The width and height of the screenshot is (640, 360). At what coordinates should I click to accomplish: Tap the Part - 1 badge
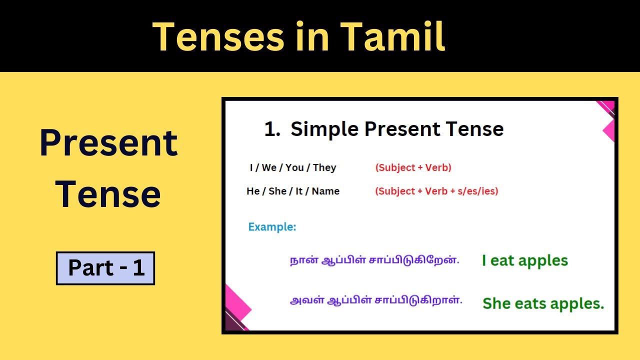[105, 268]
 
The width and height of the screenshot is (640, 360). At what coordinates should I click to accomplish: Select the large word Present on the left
[108, 143]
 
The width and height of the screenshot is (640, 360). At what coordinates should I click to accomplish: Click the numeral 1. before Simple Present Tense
[272, 129]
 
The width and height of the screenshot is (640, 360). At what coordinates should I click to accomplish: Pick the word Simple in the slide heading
[325, 129]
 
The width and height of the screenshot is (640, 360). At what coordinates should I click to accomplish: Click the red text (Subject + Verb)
[413, 168]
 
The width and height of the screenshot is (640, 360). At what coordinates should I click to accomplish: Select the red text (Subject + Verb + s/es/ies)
[436, 191]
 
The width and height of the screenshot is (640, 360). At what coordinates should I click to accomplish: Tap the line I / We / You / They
[292, 168]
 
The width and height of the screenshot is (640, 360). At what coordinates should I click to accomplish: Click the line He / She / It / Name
[292, 191]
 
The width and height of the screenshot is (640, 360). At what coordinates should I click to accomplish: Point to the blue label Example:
[272, 227]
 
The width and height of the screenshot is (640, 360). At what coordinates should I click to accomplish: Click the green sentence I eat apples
[524, 260]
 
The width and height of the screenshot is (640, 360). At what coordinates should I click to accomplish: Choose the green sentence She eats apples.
[543, 303]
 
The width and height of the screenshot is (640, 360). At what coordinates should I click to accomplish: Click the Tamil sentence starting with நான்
[374, 260]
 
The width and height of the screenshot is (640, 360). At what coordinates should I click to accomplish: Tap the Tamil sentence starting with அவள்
[376, 301]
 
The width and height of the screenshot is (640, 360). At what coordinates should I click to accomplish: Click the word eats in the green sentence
[529, 303]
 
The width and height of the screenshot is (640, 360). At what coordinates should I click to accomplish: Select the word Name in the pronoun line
[325, 191]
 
